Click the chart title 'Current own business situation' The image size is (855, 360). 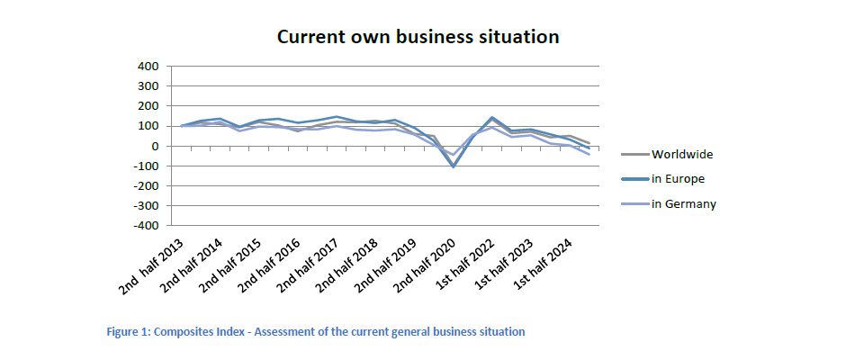point(418,37)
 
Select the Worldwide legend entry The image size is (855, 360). point(681,154)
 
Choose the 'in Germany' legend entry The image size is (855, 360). point(683,203)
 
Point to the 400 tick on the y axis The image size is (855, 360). point(148,67)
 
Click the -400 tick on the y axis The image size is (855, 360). point(145,226)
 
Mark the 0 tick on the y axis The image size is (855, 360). point(155,147)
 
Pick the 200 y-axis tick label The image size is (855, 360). point(148,106)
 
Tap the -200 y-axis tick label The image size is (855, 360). point(145,186)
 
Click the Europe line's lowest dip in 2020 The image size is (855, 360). point(453,166)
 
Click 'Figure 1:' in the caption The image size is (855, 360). point(129,332)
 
